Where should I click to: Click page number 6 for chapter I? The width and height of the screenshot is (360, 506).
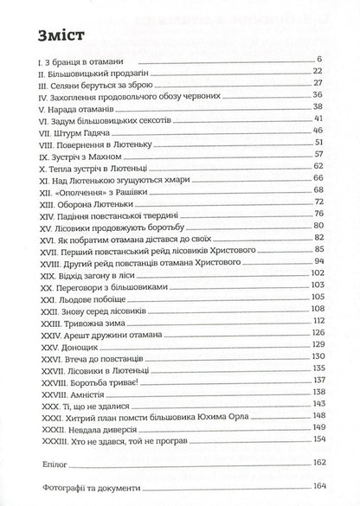click(x=319, y=59)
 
